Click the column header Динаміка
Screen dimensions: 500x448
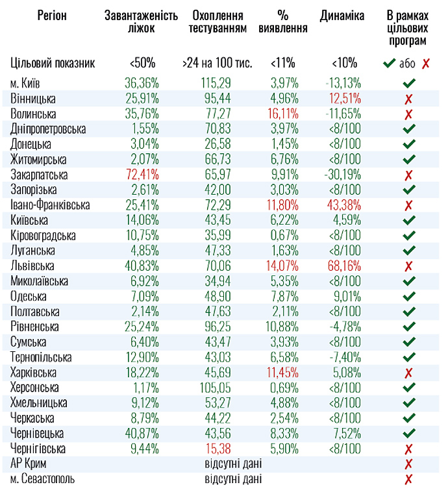pyautogui.click(x=342, y=16)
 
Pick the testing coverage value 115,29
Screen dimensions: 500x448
pyautogui.click(x=218, y=84)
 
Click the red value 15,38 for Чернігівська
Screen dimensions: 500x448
pyautogui.click(x=218, y=448)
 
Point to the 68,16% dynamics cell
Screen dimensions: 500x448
pyautogui.click(x=344, y=266)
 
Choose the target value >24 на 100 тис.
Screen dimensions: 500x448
pyautogui.click(x=218, y=63)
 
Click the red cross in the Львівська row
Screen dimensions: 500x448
pyautogui.click(x=408, y=266)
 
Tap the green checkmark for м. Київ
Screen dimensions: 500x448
pyautogui.click(x=408, y=84)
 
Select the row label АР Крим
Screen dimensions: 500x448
pyautogui.click(x=29, y=464)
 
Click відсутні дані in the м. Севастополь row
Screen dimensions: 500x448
pyautogui.click(x=233, y=479)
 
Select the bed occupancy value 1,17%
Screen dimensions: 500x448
pyautogui.click(x=145, y=388)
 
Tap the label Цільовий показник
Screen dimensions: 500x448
pyautogui.click(x=53, y=63)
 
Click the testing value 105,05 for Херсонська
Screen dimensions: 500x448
pyautogui.click(x=218, y=388)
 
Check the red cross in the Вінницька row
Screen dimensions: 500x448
pyautogui.click(x=408, y=99)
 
